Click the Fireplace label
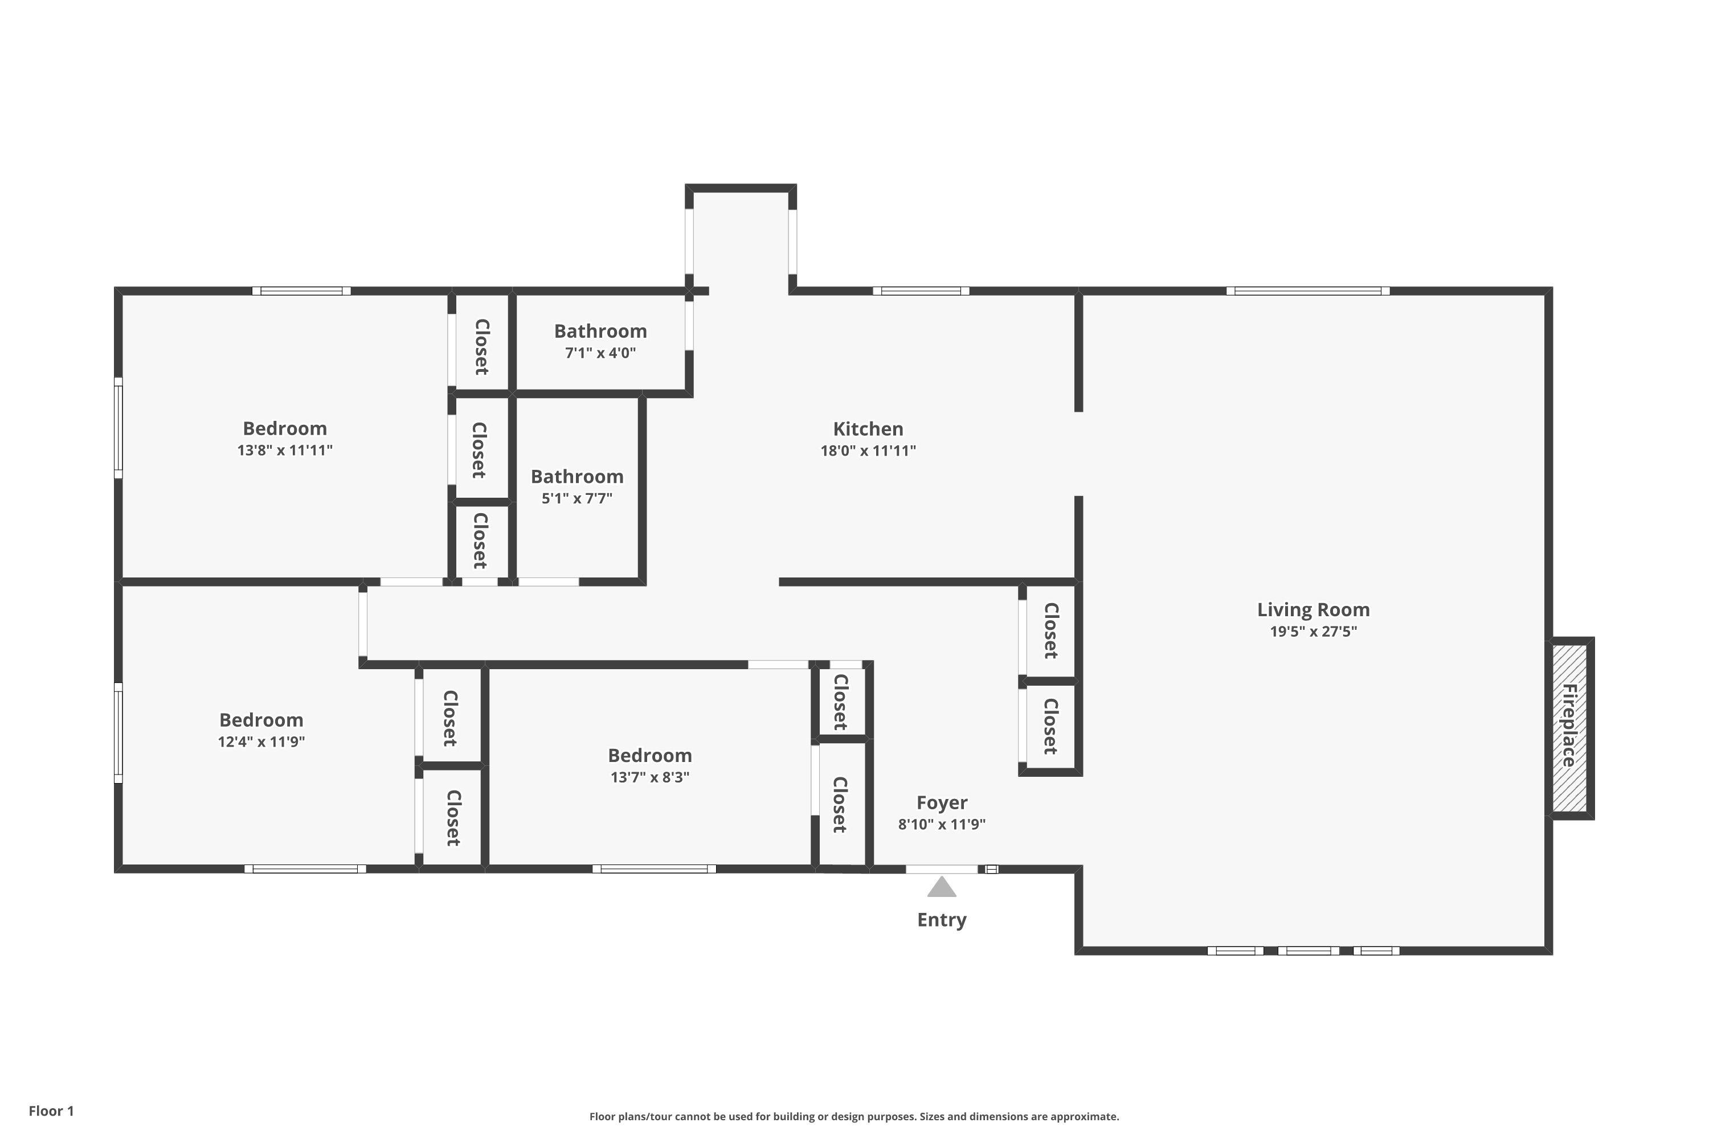pos(1569,726)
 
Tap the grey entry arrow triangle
pos(942,887)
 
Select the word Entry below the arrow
pos(942,920)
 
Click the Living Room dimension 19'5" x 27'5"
pos(1313,631)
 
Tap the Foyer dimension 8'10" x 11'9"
pos(942,825)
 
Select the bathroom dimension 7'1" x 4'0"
pos(600,353)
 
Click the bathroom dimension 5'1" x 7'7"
pos(577,498)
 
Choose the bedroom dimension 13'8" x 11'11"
pos(285,450)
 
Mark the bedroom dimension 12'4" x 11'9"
pos(261,741)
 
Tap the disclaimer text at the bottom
pos(854,1116)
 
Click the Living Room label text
pos(1313,610)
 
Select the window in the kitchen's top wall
pos(921,291)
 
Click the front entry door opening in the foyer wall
pos(942,869)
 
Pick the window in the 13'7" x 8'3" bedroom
pos(654,869)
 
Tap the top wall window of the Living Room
pos(1308,291)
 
